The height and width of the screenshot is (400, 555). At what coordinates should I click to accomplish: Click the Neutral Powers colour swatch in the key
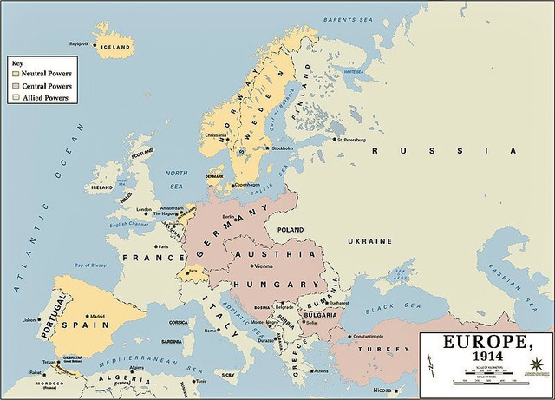point(15,74)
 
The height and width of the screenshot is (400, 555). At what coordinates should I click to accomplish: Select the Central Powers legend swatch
point(15,86)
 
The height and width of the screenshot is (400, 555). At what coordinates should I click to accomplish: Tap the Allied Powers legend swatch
point(15,98)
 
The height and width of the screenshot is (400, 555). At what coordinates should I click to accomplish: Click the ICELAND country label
point(115,47)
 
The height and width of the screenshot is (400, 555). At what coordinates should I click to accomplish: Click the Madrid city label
point(97,317)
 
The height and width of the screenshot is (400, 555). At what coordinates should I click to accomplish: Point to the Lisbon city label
point(29,320)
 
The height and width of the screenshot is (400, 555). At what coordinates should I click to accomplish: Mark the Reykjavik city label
point(80,43)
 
